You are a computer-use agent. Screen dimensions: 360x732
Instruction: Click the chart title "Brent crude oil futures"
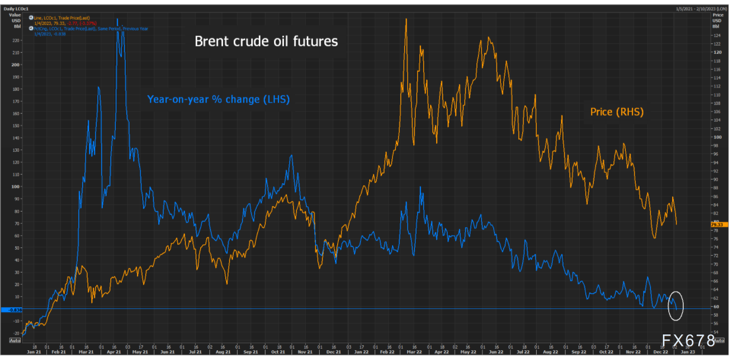[x=266, y=41]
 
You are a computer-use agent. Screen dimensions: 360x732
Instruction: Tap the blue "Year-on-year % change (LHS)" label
[x=218, y=100]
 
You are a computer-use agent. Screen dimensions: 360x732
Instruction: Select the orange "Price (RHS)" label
[x=617, y=112]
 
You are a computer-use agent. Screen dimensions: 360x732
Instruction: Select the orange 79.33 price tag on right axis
[x=717, y=224]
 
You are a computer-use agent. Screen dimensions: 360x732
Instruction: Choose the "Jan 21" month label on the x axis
[x=34, y=352]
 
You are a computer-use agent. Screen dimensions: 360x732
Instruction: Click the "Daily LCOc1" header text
[x=16, y=9]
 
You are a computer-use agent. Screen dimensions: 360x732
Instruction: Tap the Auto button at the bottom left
[x=15, y=340]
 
